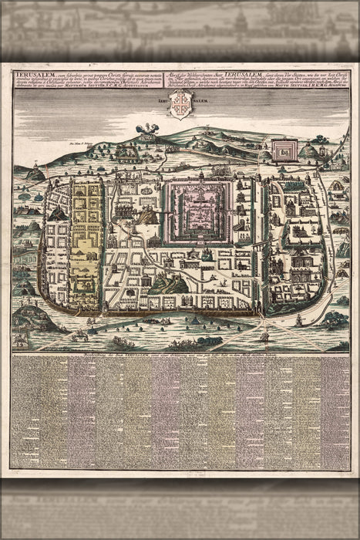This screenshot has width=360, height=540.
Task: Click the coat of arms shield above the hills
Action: (x=179, y=104)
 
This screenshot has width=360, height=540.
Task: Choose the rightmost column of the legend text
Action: (x=334, y=413)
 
